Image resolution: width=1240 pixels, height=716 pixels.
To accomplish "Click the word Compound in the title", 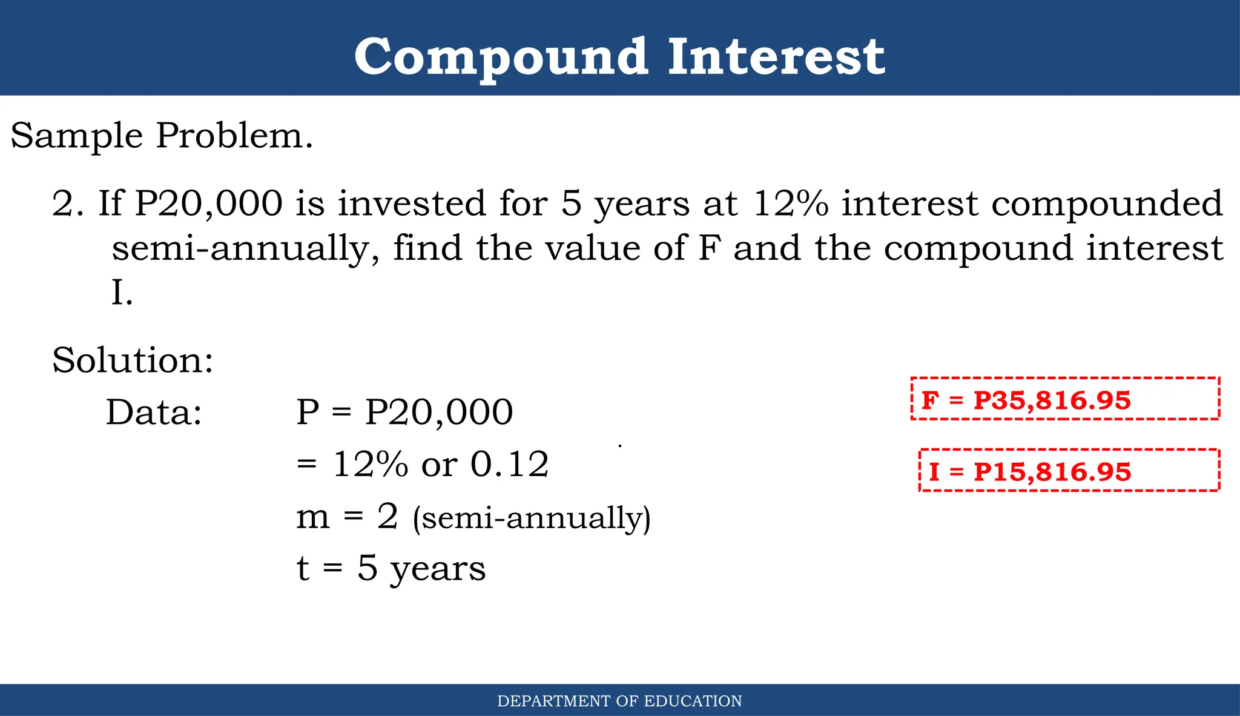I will click(501, 57).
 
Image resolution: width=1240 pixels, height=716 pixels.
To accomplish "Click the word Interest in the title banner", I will click(776, 57).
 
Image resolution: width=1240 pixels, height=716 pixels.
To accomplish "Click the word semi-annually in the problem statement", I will click(246, 248).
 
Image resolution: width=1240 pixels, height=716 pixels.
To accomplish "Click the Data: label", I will click(154, 413).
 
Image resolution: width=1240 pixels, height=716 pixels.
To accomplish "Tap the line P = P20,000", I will click(404, 413).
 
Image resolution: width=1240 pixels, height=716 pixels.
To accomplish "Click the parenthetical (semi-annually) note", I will click(532, 519).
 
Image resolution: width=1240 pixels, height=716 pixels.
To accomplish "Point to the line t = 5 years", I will click(391, 569).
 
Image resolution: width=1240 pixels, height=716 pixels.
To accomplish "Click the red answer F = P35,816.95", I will click(1026, 400).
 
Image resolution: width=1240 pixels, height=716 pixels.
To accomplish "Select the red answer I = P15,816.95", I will click(1030, 472).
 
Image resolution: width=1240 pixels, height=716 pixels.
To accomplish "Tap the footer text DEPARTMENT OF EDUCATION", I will click(619, 701).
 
